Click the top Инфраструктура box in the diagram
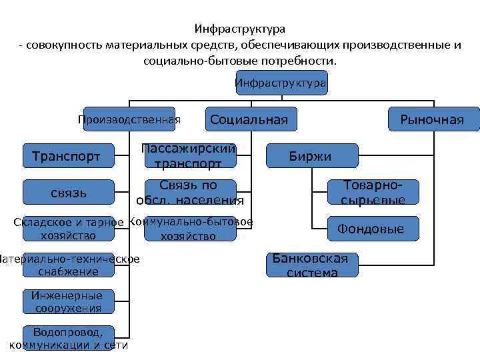281,83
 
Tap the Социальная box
249,120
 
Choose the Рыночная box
434,120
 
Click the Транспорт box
67,157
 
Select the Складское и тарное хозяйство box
69,229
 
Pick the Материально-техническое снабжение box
68,265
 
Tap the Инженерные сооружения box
69,301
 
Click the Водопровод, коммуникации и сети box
68,339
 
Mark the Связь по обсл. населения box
189,193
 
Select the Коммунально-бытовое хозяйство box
189,229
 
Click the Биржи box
310,157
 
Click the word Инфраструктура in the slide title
240,30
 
